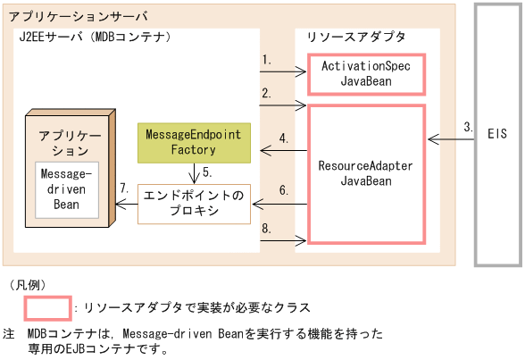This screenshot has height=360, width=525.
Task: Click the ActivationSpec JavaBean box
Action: (x=365, y=74)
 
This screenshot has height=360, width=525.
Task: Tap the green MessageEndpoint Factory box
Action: (x=193, y=143)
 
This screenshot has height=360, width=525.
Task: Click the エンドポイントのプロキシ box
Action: (x=194, y=203)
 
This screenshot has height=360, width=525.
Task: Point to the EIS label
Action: (x=497, y=134)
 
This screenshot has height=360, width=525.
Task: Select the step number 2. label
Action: (x=267, y=93)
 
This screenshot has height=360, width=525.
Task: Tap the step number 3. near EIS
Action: (x=468, y=127)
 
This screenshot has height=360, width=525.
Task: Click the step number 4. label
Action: (x=284, y=138)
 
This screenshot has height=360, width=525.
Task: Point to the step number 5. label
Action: (x=206, y=172)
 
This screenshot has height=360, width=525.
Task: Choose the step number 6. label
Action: (x=284, y=190)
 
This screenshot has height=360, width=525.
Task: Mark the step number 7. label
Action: (x=124, y=188)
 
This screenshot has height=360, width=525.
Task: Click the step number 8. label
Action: (x=267, y=228)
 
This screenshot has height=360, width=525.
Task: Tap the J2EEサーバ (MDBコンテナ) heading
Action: (x=94, y=37)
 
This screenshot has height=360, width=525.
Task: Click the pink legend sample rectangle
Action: (x=47, y=308)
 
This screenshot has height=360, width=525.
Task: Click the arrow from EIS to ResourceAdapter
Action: (x=451, y=138)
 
